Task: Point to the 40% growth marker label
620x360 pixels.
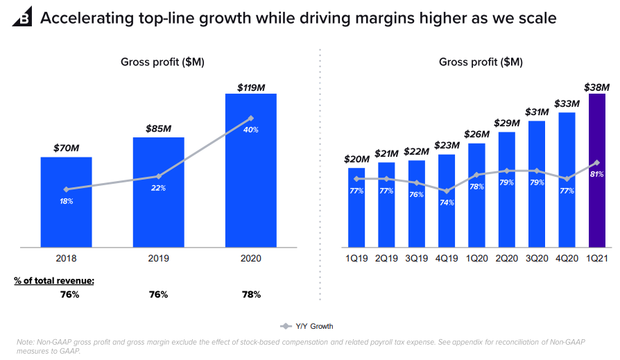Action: (x=250, y=130)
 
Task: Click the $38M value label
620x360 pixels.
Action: (x=597, y=88)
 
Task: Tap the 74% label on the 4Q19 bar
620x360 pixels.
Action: (x=447, y=203)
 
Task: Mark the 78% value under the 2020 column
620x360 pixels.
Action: (x=250, y=294)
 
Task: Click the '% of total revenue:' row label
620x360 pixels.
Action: (x=54, y=280)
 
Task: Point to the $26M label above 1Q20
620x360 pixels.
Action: (x=476, y=135)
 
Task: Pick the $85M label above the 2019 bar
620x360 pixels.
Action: (x=159, y=129)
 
